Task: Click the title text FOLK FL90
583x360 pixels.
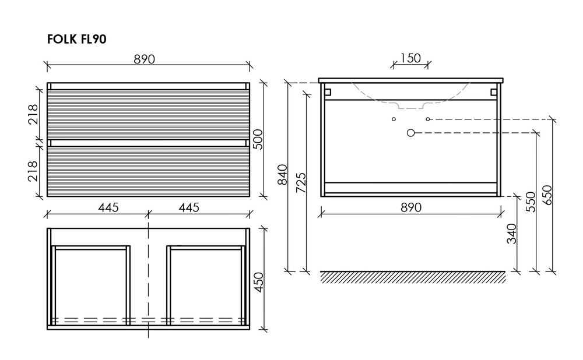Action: pos(77,40)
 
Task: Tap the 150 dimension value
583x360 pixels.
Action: pos(410,58)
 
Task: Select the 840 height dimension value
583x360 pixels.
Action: pos(282,175)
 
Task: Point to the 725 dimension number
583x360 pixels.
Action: pos(300,182)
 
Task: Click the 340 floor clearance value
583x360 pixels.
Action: pos(512,234)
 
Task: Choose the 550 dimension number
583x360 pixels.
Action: pos(531,202)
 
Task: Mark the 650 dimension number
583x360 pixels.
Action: pos(547,195)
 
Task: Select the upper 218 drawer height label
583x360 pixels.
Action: pos(33,114)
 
